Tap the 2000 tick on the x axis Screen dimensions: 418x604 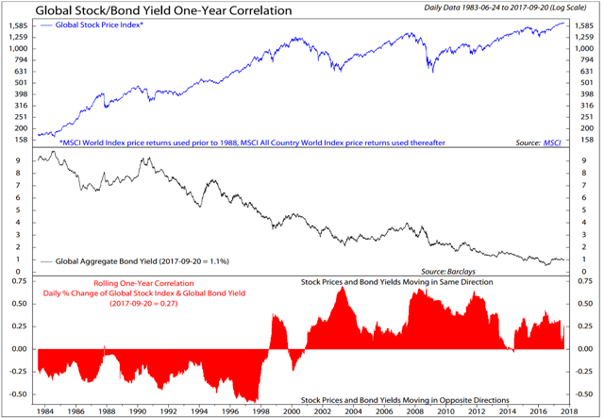(292, 411)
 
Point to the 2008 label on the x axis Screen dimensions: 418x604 (412, 411)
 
